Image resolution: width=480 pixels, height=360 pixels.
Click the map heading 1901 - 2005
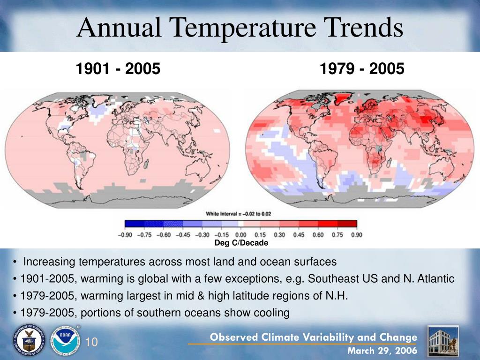(x=118, y=68)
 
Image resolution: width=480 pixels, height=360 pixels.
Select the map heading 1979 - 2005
(x=362, y=68)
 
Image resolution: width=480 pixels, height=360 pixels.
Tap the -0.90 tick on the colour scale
(x=125, y=235)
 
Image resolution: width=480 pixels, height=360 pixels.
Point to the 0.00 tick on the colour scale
(x=240, y=235)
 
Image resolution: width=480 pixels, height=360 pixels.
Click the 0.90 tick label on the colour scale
(x=357, y=235)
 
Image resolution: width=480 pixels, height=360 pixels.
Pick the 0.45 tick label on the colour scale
(x=299, y=235)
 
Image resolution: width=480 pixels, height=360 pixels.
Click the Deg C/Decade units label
(x=241, y=243)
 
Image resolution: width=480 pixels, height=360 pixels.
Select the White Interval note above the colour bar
(x=238, y=214)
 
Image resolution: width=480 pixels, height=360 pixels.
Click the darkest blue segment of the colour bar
(x=135, y=224)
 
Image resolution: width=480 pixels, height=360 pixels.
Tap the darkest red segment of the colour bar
(x=347, y=224)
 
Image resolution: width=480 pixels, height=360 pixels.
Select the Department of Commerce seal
(x=29, y=340)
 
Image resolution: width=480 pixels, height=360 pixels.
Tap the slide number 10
(x=91, y=342)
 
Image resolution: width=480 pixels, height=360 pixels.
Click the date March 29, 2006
(x=382, y=351)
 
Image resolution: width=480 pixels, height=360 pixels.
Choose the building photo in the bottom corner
(x=443, y=341)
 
